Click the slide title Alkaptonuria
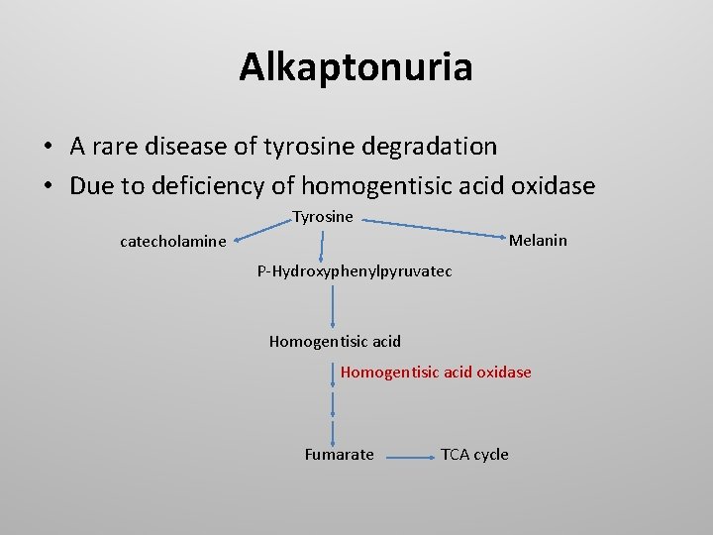click(356, 67)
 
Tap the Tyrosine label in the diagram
click(323, 216)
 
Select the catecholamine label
click(172, 241)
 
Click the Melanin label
click(538, 240)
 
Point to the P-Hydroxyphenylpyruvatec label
click(355, 270)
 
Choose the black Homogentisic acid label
click(335, 341)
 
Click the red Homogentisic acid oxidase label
click(436, 372)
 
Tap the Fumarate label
click(339, 454)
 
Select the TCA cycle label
click(474, 454)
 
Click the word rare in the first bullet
click(122, 147)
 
